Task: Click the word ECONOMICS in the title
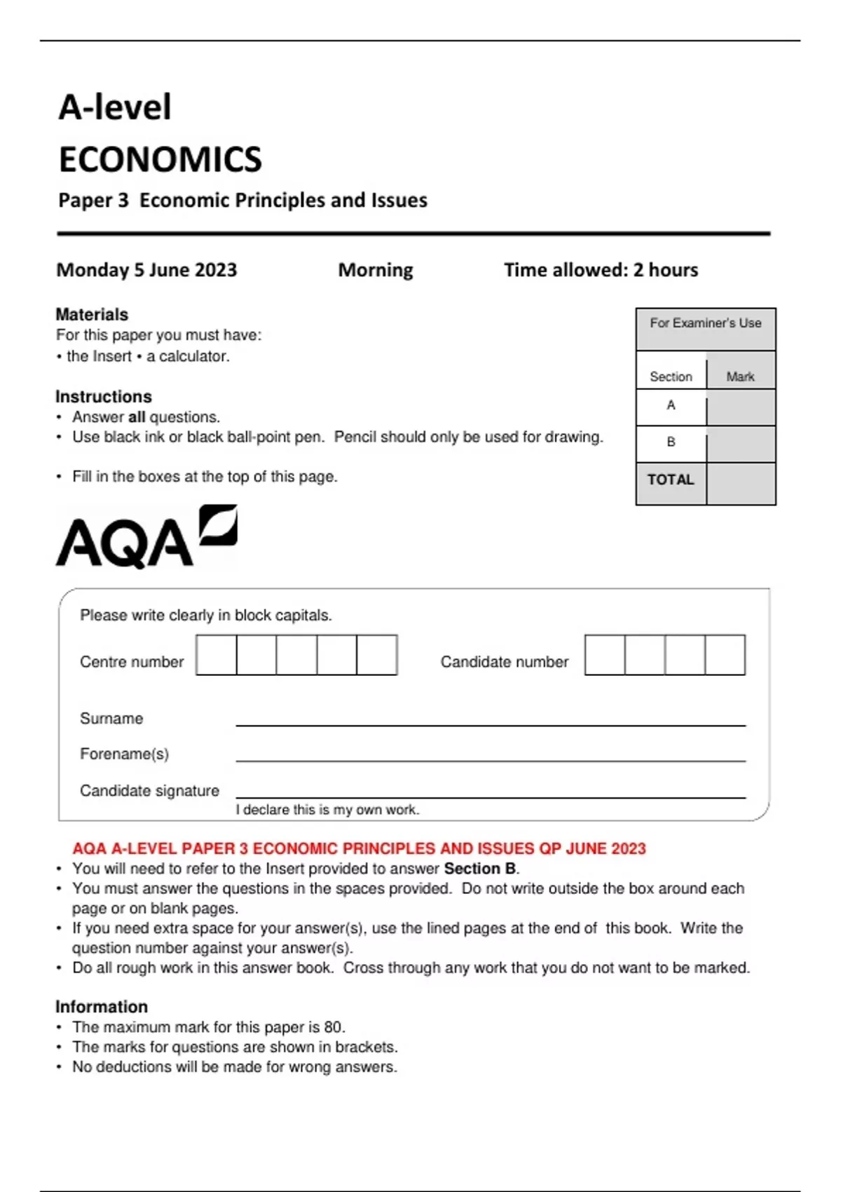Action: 160,160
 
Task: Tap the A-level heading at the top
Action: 115,108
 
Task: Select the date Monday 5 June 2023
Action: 146,270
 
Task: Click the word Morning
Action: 376,270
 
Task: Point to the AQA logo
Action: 146,536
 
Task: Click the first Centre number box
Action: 217,655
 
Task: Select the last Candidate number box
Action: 725,655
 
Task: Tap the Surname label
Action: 111,719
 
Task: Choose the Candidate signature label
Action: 149,791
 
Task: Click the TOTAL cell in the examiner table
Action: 671,480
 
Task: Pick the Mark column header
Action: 740,377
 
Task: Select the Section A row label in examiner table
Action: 671,405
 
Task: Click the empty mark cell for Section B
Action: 741,445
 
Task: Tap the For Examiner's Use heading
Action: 705,323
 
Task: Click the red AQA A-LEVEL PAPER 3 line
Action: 359,848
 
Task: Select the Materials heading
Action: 92,314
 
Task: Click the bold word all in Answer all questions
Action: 137,417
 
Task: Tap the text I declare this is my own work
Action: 327,810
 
